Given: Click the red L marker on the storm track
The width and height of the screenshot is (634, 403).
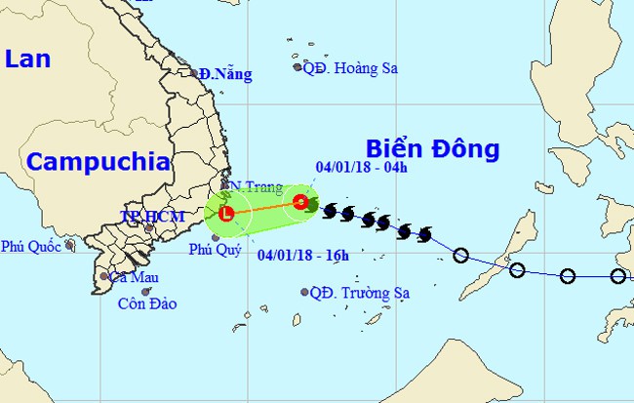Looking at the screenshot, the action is point(226,213).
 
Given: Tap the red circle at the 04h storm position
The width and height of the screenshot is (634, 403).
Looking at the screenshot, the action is point(300,202).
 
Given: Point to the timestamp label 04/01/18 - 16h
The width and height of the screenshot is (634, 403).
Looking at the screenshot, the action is point(303,256).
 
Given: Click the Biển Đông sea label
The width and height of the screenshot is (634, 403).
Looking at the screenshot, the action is point(432,149).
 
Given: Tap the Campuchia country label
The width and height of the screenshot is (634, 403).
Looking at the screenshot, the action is point(99,162).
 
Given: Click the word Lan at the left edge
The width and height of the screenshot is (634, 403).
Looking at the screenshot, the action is point(26,60).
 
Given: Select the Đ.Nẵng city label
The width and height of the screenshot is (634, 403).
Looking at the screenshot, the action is point(225,74).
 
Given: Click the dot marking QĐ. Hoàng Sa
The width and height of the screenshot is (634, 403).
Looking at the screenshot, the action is point(298,67).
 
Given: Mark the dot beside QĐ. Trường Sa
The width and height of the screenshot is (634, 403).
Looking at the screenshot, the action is point(304,292).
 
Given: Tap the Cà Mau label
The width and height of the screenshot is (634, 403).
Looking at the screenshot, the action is point(133,277).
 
